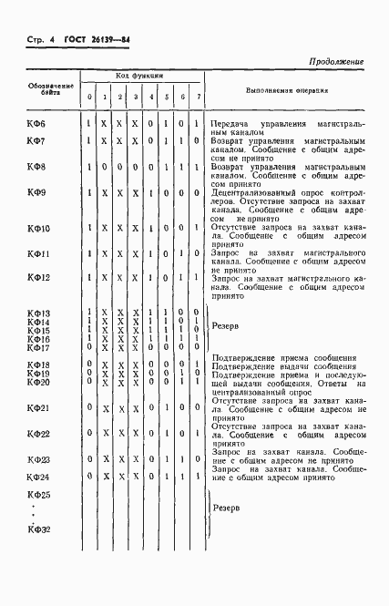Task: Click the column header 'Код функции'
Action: point(139,77)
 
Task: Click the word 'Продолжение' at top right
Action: point(336,61)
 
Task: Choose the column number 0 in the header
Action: point(89,98)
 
